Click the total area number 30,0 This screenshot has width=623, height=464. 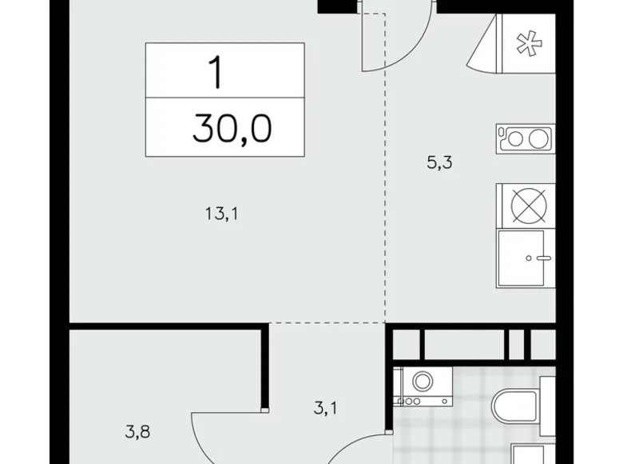[x=232, y=129]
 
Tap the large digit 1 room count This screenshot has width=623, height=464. [x=216, y=73]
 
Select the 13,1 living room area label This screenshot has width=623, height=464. [x=222, y=214]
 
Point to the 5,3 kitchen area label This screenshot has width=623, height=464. [x=439, y=162]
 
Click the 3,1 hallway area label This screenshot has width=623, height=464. [x=325, y=408]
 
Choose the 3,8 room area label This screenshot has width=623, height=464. [x=137, y=432]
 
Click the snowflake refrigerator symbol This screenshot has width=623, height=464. [x=529, y=43]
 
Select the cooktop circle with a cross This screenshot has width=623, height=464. [x=529, y=206]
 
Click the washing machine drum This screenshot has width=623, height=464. [x=423, y=381]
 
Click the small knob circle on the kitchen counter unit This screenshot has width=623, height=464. [x=529, y=258]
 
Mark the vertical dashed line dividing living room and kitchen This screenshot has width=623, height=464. [x=385, y=167]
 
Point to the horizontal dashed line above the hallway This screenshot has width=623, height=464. [x=327, y=322]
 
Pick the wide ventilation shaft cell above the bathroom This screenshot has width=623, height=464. [x=465, y=343]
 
